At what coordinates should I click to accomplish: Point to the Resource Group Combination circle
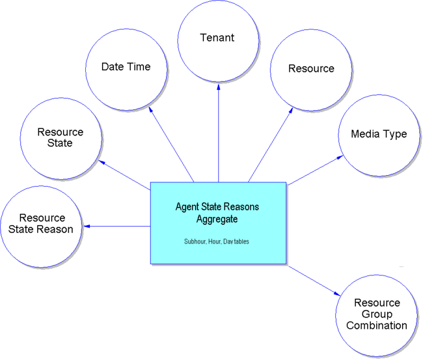coord(377,314)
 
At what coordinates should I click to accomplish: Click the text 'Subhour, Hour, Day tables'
coord(217,242)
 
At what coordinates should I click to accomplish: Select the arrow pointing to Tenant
coord(218,132)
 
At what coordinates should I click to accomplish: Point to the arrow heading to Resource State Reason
coord(117,226)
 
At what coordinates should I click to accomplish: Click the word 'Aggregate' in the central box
coord(217,218)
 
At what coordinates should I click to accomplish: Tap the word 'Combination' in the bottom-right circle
coord(377,326)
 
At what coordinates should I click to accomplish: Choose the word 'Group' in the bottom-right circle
coord(377,314)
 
